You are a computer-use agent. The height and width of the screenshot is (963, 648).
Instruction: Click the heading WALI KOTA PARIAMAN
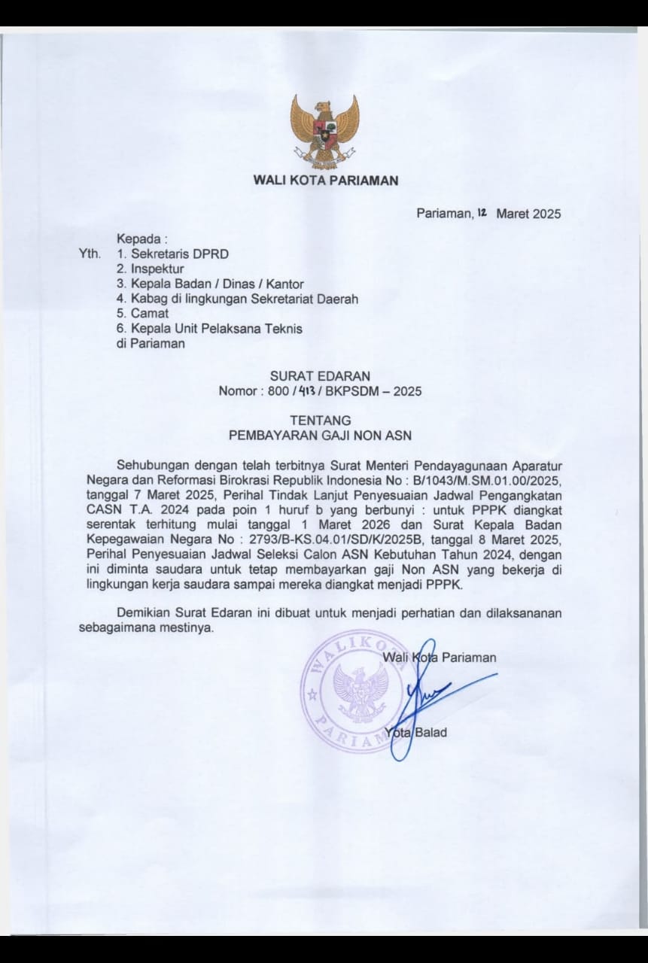point(325,181)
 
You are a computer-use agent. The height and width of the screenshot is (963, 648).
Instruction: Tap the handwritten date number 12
point(482,213)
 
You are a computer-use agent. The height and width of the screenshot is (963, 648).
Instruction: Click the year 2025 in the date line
point(546,214)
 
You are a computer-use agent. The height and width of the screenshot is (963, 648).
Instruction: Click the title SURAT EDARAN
point(320,375)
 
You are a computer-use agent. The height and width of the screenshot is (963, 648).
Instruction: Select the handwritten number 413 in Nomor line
point(304,391)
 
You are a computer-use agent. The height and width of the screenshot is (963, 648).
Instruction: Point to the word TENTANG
point(320,421)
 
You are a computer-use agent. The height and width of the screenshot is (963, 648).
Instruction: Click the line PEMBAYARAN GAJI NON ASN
point(320,435)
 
